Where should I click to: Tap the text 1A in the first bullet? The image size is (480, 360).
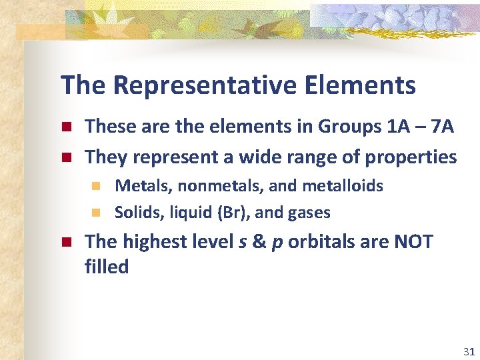tap(398, 126)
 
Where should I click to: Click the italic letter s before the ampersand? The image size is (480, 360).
tap(241, 242)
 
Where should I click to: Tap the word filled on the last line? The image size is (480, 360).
tap(107, 267)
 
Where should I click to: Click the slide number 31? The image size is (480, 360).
tap(468, 351)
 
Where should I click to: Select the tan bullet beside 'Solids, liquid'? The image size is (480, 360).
tap(96, 213)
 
